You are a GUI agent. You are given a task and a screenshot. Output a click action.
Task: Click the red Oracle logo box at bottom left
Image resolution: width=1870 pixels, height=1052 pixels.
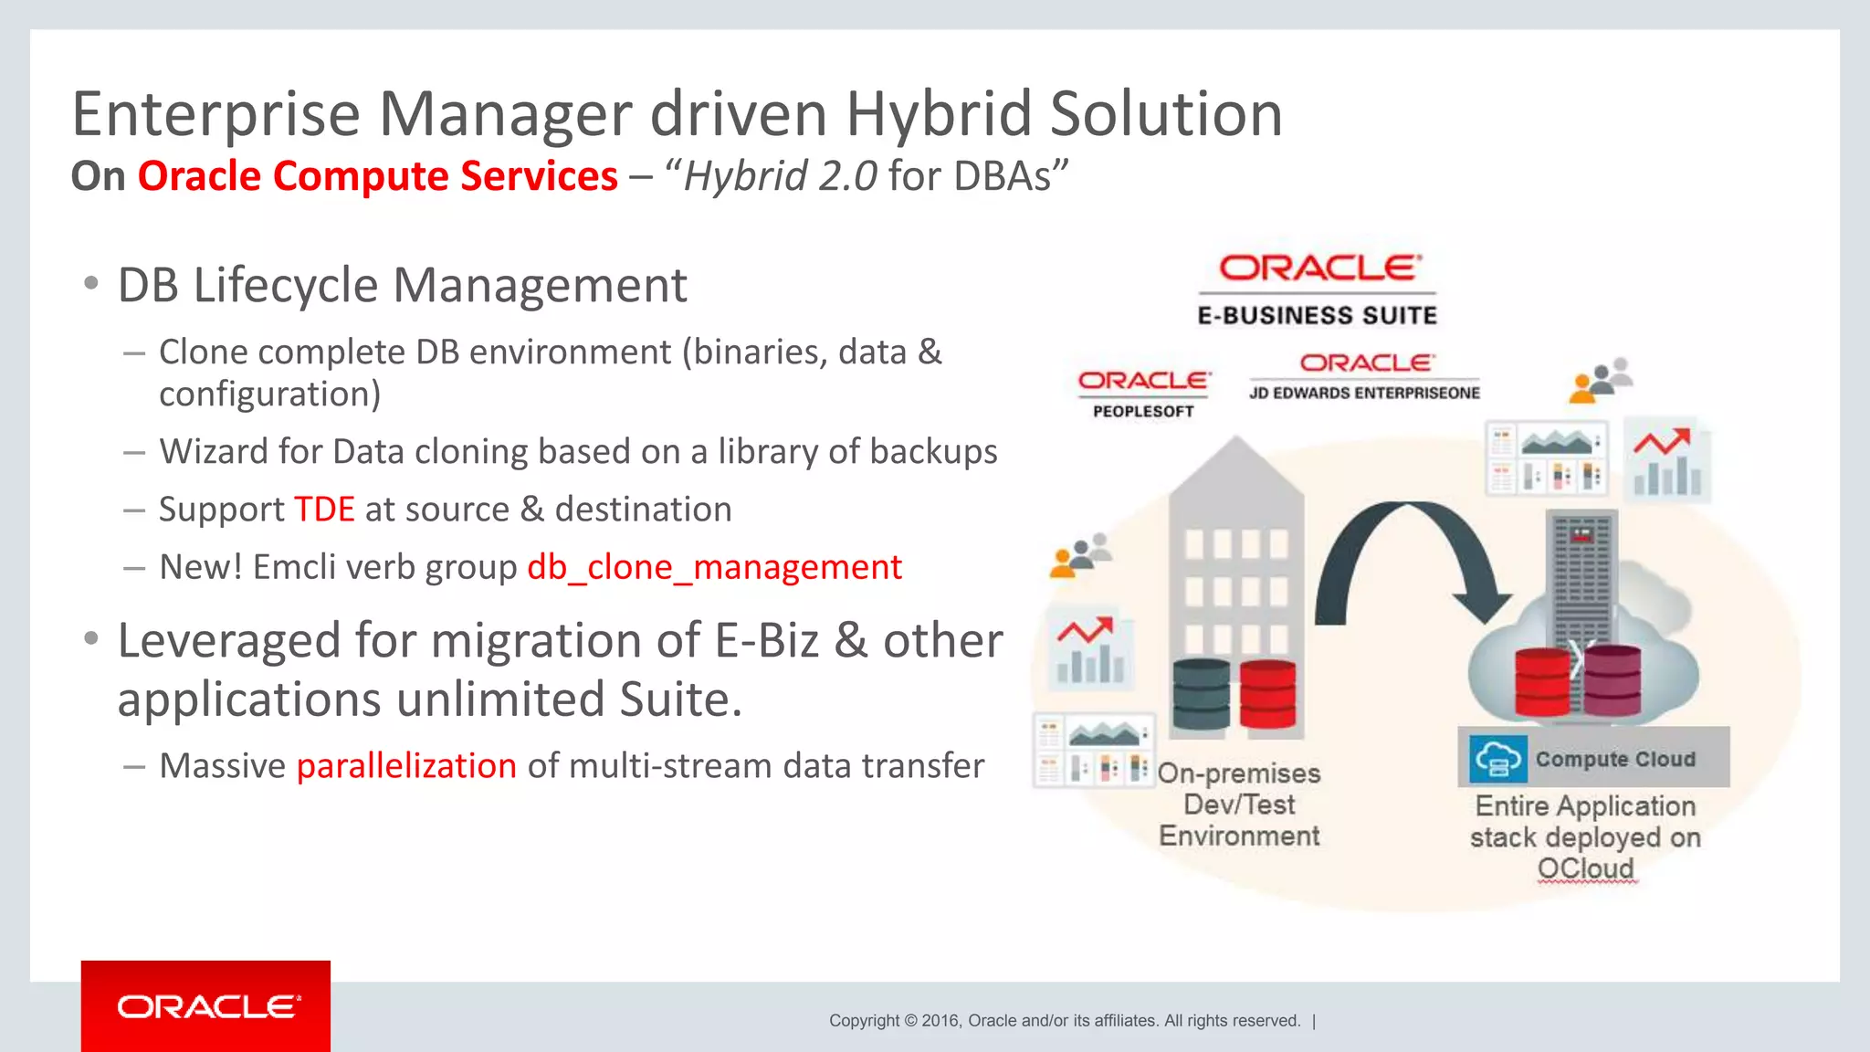tap(205, 1005)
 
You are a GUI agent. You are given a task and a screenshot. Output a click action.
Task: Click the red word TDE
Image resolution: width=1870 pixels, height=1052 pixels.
tap(324, 510)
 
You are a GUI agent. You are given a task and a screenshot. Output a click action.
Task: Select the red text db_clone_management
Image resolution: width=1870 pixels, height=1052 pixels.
tap(714, 567)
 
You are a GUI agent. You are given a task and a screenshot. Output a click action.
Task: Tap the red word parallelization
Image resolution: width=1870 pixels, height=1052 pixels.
tap(406, 765)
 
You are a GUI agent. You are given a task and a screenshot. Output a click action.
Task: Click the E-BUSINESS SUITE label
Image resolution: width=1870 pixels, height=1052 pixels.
tap(1317, 316)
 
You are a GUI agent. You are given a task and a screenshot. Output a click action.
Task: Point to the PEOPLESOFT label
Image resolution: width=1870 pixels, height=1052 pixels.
tap(1143, 412)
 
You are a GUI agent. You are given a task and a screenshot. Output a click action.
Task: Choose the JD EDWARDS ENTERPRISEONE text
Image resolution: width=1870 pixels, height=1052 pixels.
tap(1364, 393)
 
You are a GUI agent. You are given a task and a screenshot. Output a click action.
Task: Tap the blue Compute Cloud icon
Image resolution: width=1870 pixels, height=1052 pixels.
tap(1497, 758)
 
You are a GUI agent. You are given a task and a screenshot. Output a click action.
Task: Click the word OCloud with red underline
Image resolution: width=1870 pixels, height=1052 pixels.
tap(1586, 868)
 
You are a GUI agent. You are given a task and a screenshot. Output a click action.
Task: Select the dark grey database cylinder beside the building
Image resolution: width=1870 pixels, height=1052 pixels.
tap(1200, 694)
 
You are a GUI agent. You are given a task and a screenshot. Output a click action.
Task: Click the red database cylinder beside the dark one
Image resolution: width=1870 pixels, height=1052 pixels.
tap(1267, 694)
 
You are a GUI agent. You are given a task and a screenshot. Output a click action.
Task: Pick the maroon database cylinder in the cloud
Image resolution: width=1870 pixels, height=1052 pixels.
tap(1613, 680)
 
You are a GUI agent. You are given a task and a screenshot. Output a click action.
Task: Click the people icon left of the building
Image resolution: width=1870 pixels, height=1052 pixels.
tap(1081, 555)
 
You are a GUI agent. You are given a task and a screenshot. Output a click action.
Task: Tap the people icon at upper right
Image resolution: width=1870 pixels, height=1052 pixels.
tap(1601, 380)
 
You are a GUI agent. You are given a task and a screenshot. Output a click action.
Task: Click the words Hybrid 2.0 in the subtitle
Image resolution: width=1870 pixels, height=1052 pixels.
tap(781, 176)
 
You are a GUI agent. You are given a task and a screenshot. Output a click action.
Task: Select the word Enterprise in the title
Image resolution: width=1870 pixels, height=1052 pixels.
tap(215, 114)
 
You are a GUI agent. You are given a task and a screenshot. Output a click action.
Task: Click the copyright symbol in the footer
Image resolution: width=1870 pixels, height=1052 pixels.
tap(909, 1021)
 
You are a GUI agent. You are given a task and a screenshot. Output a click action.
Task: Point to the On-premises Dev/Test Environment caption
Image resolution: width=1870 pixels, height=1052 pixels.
tap(1239, 805)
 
